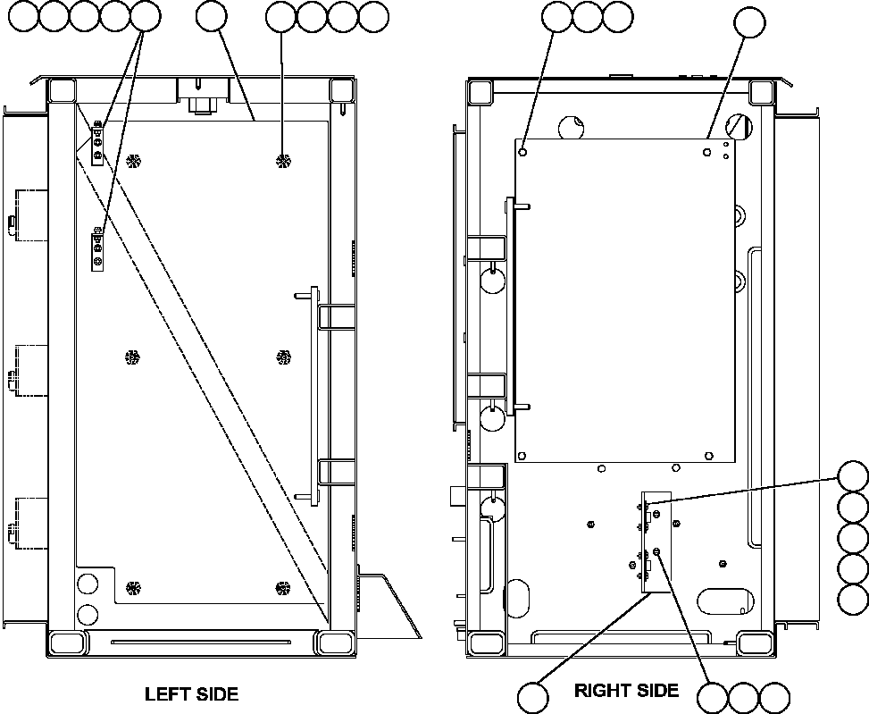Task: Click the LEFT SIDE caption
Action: point(191,693)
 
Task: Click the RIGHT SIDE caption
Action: point(626,690)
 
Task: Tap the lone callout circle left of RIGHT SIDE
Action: point(534,698)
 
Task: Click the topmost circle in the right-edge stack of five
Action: point(853,476)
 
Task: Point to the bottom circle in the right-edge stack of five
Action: point(853,598)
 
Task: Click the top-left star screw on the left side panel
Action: point(133,161)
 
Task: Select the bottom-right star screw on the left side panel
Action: point(283,588)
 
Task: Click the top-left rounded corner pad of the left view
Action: point(62,90)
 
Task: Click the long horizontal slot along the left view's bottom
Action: point(199,641)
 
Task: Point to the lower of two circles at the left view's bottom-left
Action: point(87,614)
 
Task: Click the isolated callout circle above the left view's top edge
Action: point(211,15)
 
